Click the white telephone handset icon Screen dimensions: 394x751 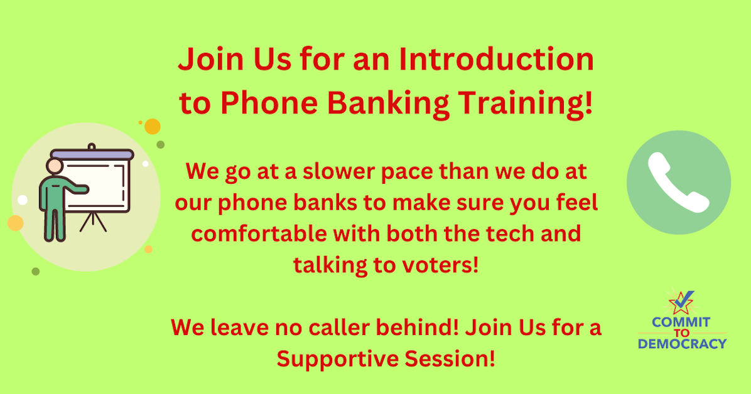click(678, 183)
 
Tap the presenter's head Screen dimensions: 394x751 click(55, 166)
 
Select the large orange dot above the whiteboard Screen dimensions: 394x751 click(153, 127)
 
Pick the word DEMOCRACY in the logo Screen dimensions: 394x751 click(682, 344)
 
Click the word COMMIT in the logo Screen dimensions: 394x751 click(681, 322)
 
